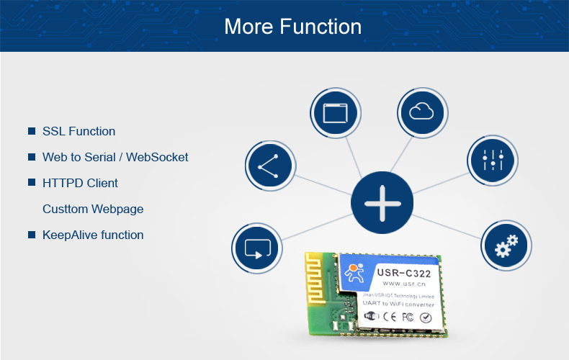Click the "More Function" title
tap(292, 27)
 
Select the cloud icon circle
tap(423, 112)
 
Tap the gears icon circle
tap(506, 245)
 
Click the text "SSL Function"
tap(79, 131)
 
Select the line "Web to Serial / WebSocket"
tap(115, 157)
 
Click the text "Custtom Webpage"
tap(93, 209)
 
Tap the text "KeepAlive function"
tap(93, 235)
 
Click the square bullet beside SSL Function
tap(32, 131)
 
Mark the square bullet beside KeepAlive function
tap(32, 235)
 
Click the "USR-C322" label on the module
tap(403, 273)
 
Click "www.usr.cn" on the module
tap(401, 284)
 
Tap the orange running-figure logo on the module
tap(354, 274)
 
